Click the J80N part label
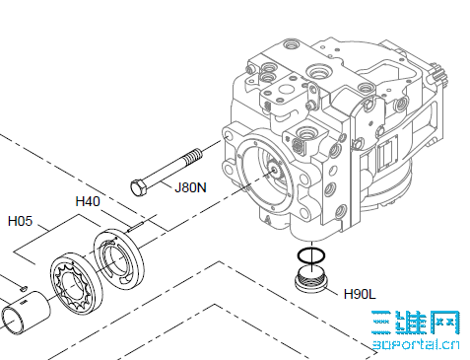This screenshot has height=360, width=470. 190,187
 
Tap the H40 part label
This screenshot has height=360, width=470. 88,201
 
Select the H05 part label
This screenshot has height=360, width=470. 20,221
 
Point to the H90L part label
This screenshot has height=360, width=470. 360,294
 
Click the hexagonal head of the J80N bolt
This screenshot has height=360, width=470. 139,187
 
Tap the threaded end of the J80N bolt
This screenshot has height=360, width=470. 193,156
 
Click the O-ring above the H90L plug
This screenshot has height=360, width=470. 311,255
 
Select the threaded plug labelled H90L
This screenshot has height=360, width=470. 311,280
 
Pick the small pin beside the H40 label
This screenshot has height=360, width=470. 135,227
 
